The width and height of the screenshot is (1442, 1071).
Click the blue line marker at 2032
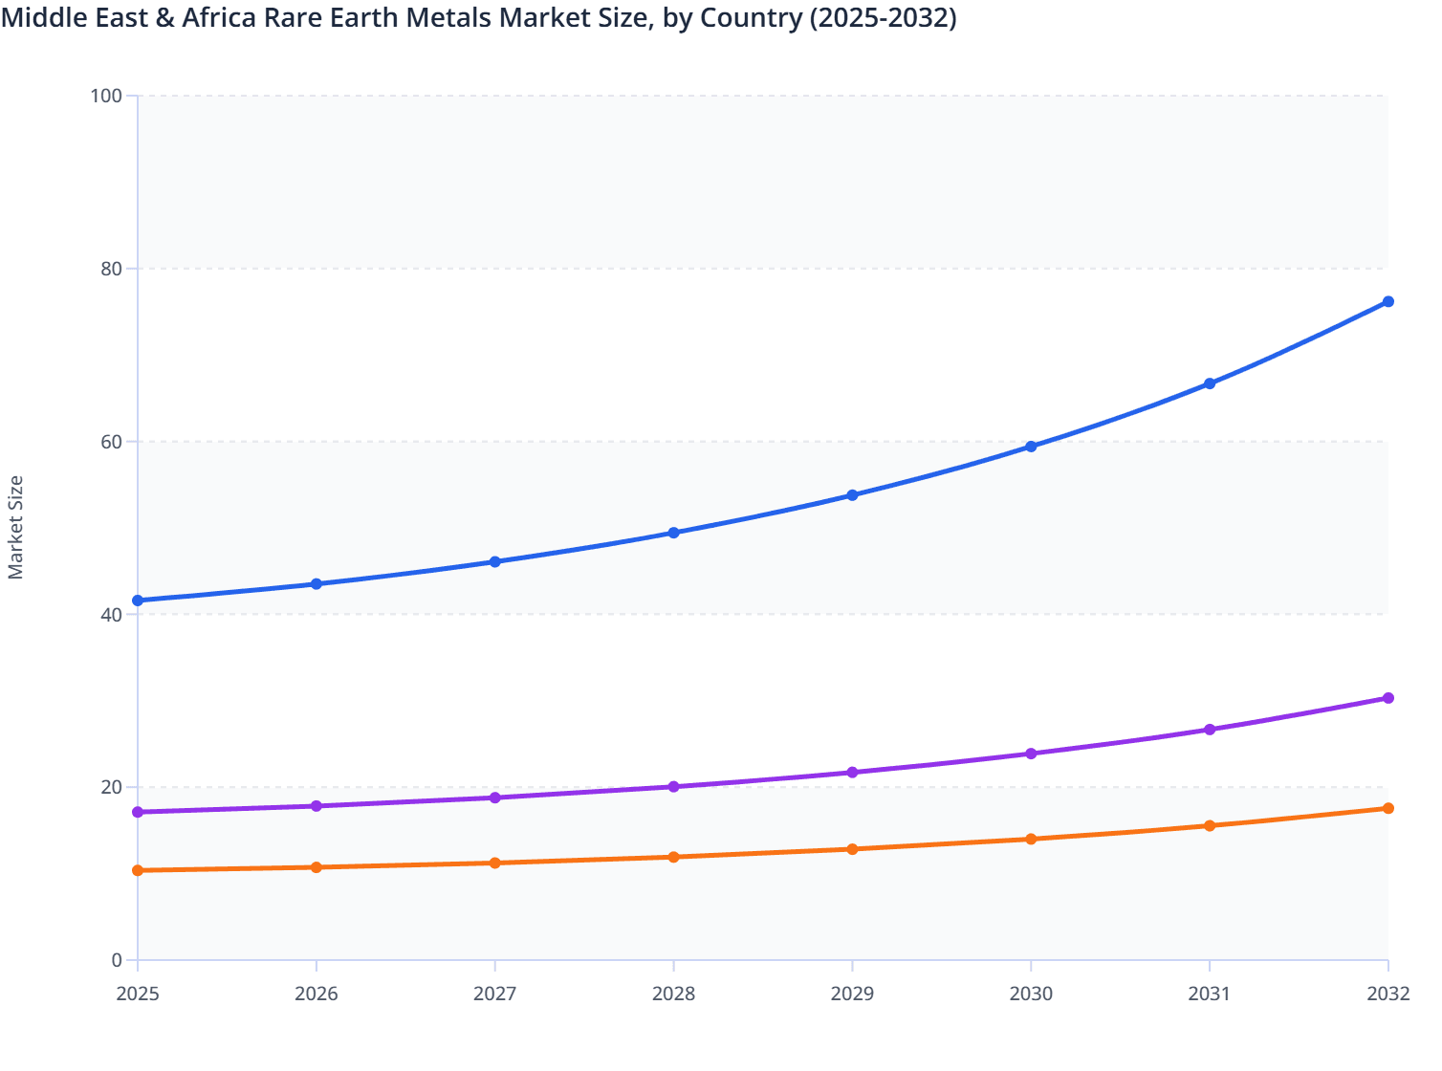[x=1387, y=302]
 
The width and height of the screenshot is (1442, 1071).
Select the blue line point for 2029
[x=852, y=495]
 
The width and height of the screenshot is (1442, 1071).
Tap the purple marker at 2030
[x=1031, y=754]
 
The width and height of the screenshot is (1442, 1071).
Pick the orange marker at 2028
[x=673, y=857]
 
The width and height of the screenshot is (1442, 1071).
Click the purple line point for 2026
[x=317, y=806]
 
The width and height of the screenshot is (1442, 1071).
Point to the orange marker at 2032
[x=1387, y=808]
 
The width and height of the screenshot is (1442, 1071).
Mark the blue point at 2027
[x=495, y=561]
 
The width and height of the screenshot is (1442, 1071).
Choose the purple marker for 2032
[x=1387, y=698]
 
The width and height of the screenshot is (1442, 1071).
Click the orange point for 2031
[x=1210, y=825]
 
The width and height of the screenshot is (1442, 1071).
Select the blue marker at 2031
[x=1210, y=383]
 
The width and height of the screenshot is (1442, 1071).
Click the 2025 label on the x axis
[x=138, y=994]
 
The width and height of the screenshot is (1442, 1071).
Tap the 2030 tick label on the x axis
[x=1031, y=994]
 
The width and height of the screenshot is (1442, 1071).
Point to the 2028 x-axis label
[x=673, y=994]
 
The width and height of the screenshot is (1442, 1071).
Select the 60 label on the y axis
[x=111, y=442]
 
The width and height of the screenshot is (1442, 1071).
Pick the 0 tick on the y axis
[x=117, y=960]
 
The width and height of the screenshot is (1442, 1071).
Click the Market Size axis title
[x=16, y=528]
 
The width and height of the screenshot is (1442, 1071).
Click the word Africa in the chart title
[x=219, y=18]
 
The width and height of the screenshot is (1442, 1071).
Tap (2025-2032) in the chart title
[x=883, y=18]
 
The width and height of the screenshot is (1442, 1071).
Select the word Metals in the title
[x=463, y=18]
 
